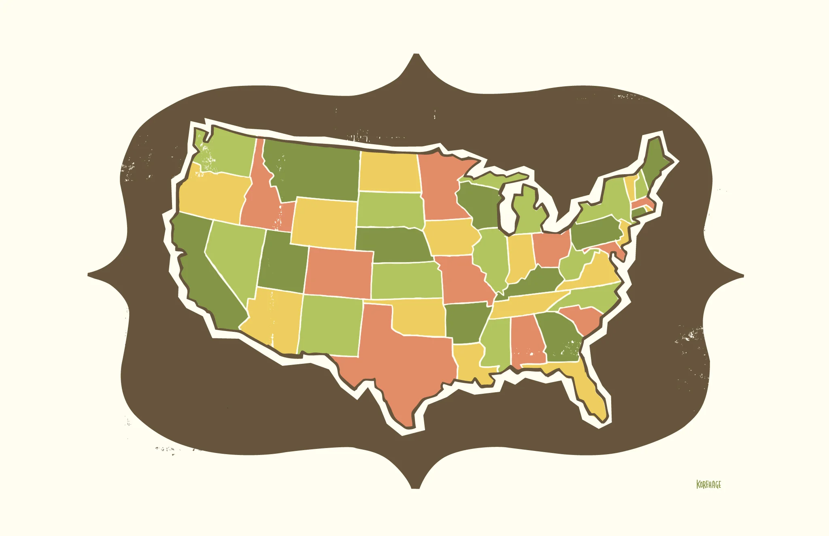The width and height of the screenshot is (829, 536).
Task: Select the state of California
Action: click(202, 275)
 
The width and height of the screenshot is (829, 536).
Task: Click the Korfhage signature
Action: click(708, 484)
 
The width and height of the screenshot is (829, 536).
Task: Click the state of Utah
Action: click(281, 263)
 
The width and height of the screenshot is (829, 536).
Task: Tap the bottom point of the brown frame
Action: click(415, 487)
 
